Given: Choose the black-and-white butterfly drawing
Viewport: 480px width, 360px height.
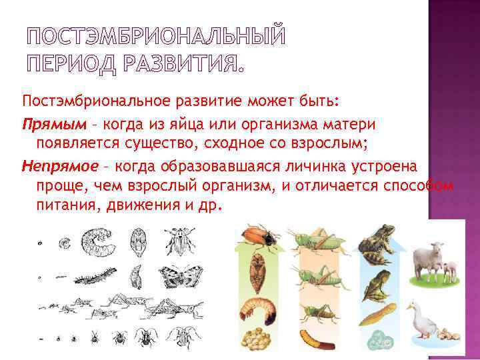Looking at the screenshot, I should click(174, 273).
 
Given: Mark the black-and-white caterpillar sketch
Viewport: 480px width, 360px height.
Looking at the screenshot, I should click(98, 275).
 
